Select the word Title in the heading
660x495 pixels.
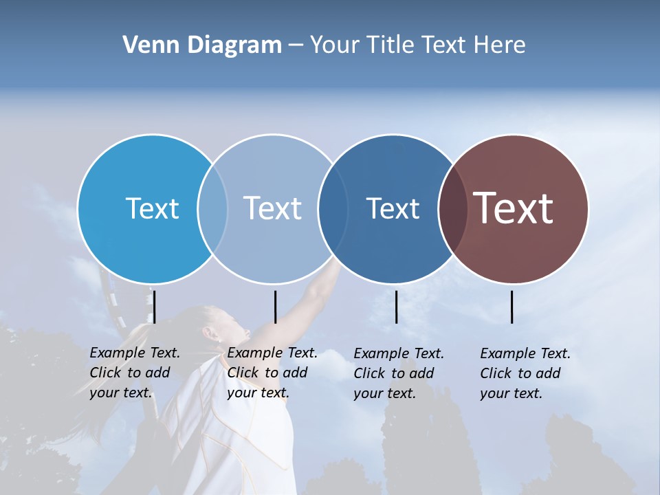390,45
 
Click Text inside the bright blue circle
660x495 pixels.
152,208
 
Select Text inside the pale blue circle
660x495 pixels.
272,208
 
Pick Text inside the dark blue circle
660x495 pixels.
393,208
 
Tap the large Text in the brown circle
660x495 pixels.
514,208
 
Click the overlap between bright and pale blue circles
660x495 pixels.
212,208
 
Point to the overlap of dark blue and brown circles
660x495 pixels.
453,208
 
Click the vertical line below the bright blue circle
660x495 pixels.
155,307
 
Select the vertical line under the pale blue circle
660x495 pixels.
275,307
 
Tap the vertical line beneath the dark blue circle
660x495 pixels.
396,307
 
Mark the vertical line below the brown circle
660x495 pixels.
511,307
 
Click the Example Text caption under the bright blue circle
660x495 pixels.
135,373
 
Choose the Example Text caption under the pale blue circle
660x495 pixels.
272,373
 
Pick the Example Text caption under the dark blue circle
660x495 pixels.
399,373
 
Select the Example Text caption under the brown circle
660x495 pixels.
525,373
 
